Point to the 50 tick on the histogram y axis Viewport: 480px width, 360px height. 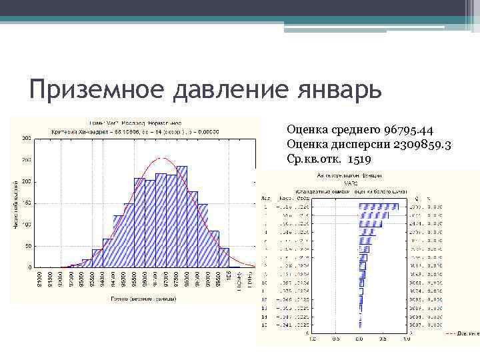click(27, 246)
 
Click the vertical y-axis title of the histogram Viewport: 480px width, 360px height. click(17, 203)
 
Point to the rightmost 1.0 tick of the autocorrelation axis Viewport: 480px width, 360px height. click(405, 339)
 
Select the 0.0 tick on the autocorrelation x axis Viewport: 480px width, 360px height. click(359, 339)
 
